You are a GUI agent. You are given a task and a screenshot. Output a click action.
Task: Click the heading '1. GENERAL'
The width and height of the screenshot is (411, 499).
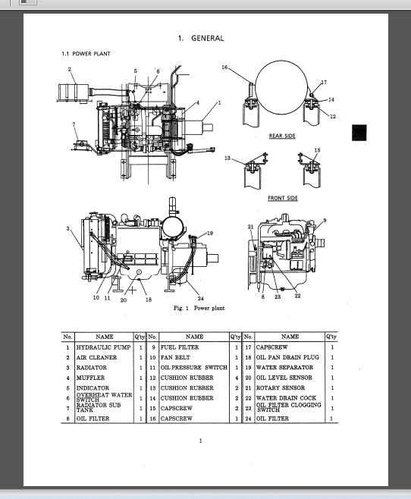click(x=201, y=38)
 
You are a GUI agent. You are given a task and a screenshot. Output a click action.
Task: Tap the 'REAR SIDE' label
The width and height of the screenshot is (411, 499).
click(x=282, y=136)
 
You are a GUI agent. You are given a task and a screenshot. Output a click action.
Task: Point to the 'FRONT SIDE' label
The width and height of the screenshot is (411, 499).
click(x=282, y=198)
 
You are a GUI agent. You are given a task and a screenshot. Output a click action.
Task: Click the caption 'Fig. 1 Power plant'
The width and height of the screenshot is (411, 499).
click(x=199, y=308)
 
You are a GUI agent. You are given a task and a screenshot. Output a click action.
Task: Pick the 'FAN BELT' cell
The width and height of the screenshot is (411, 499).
click(x=175, y=356)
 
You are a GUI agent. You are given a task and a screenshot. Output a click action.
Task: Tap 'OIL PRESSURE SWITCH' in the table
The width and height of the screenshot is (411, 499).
click(x=193, y=367)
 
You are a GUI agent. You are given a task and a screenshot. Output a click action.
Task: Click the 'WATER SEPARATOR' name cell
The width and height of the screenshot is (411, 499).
click(x=284, y=367)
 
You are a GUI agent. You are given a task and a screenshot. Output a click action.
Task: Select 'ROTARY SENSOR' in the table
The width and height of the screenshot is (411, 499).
click(x=280, y=388)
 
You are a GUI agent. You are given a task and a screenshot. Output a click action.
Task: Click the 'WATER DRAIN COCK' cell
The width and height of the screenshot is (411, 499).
click(x=285, y=398)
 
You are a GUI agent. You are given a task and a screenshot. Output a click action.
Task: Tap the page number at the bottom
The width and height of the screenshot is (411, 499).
click(x=200, y=441)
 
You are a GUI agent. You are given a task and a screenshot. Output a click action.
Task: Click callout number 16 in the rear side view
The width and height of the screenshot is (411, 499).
click(x=224, y=67)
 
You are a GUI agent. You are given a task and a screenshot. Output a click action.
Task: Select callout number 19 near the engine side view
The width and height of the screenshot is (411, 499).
click(x=209, y=233)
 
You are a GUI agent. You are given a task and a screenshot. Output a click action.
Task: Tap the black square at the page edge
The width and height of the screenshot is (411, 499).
click(x=359, y=133)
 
